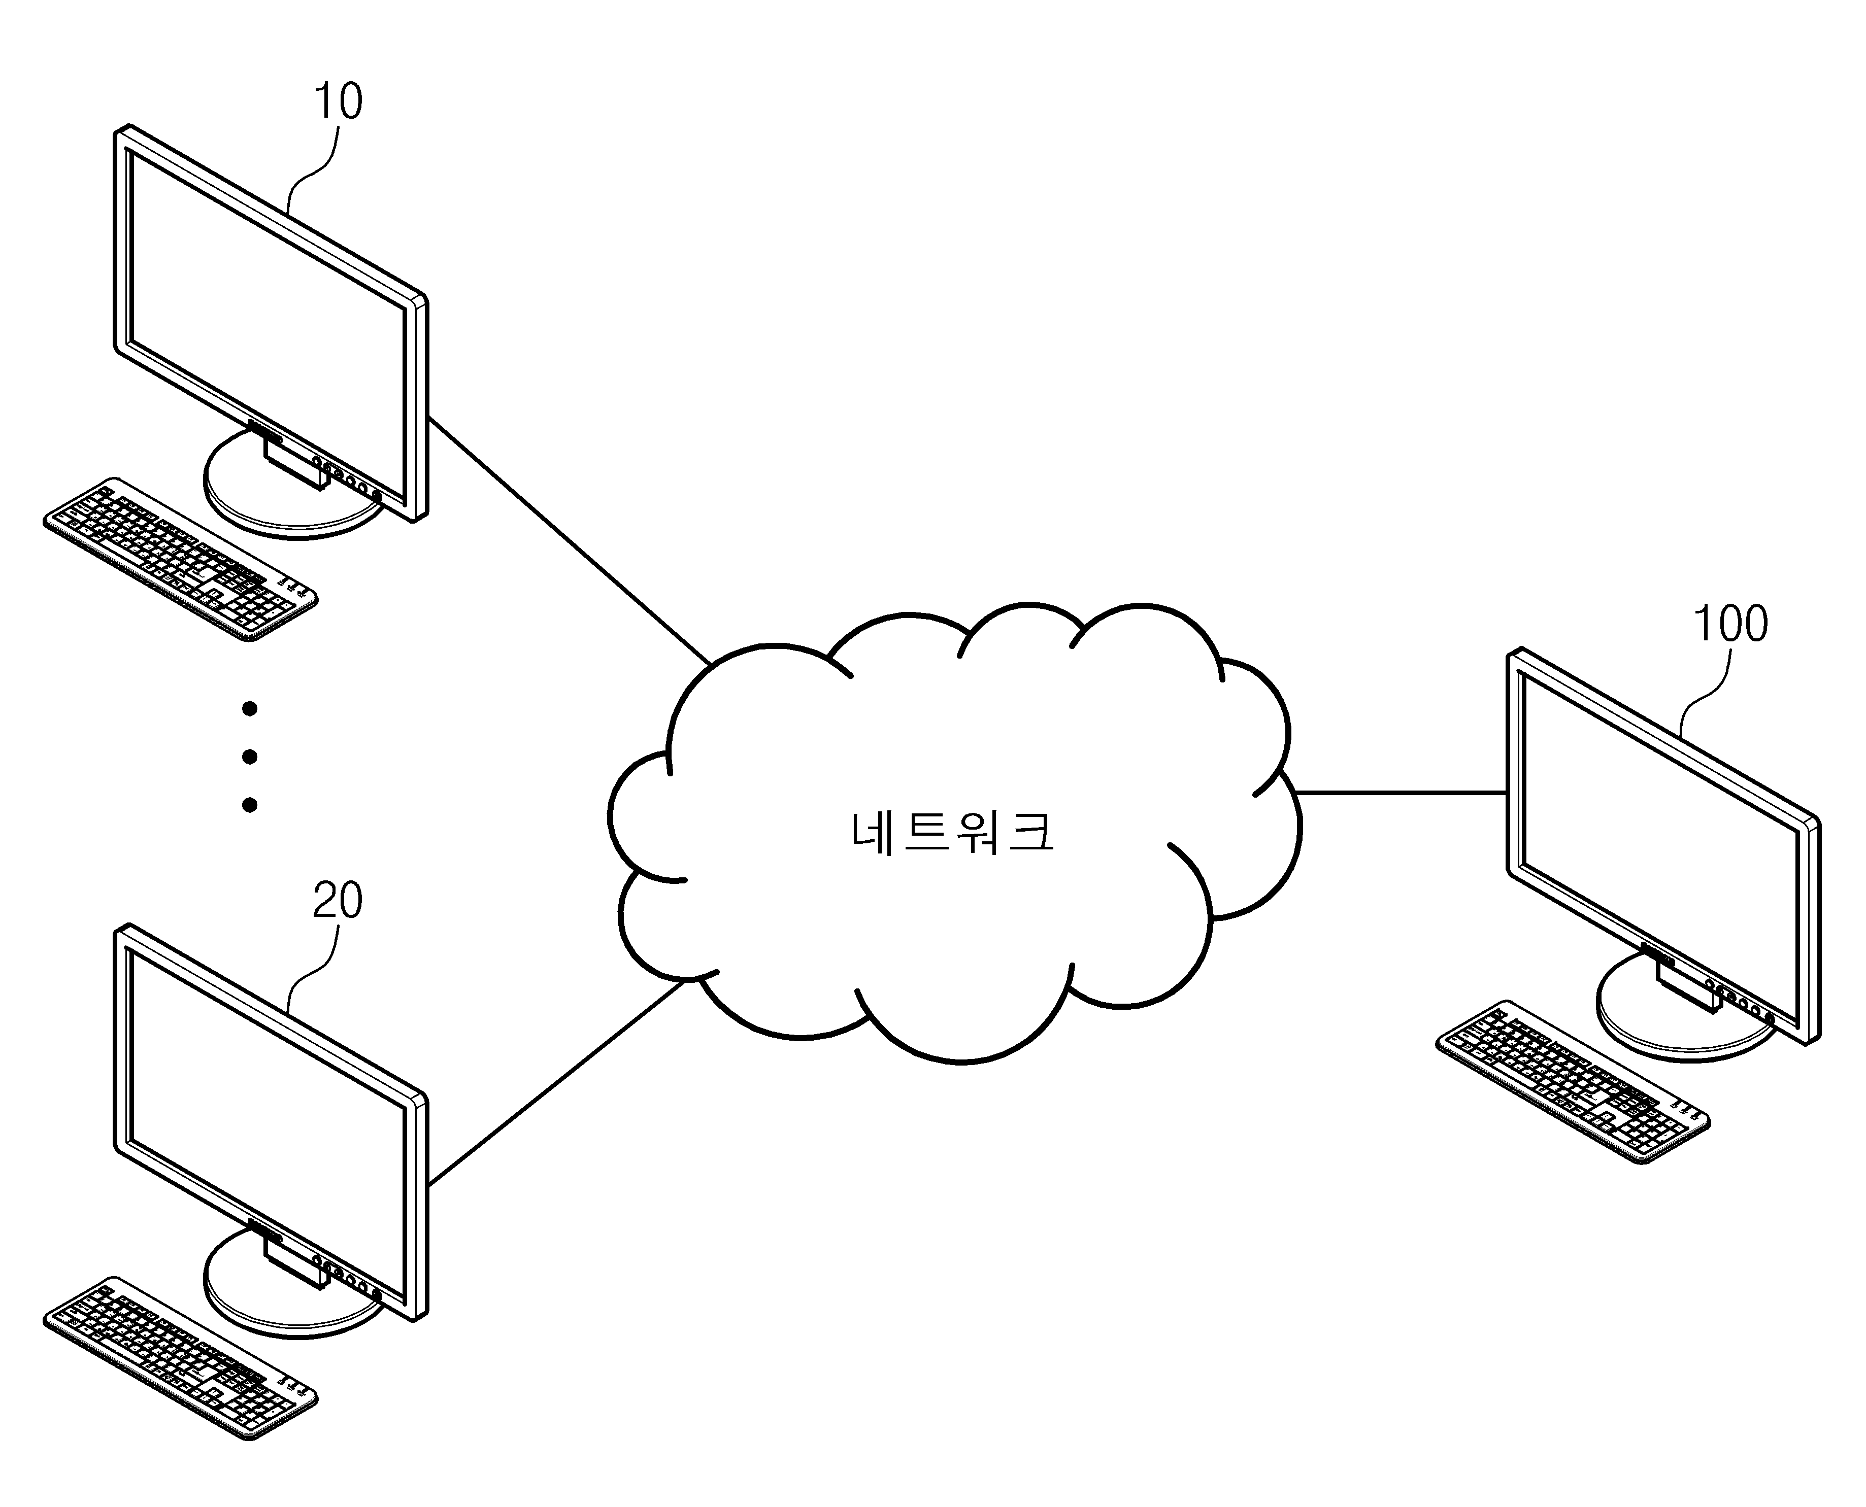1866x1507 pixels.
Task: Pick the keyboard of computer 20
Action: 180,1358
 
